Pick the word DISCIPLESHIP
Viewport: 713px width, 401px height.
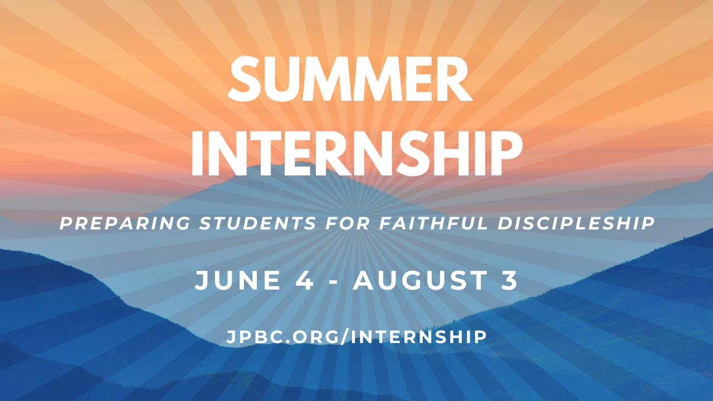click(x=576, y=224)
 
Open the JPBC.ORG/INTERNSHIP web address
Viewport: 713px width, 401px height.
click(x=356, y=336)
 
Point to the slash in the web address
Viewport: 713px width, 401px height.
click(x=348, y=336)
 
